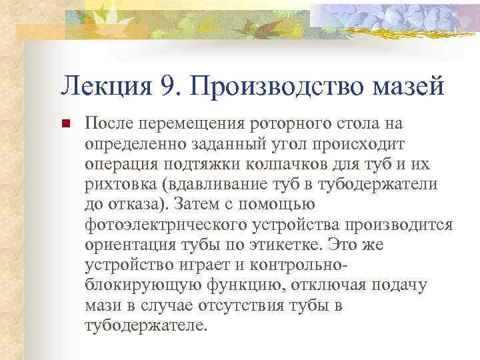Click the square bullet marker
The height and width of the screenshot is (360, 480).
point(64,124)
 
